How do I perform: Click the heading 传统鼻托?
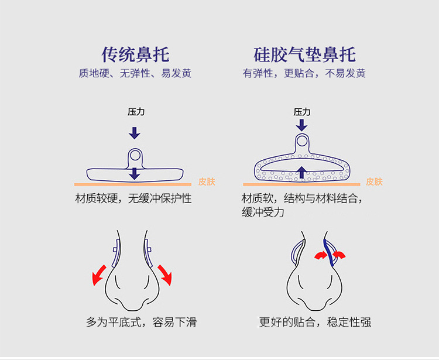pos(135,54)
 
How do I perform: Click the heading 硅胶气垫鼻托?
pos(304,54)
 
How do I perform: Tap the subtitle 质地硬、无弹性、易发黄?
pos(135,74)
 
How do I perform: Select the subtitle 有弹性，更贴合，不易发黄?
pos(304,74)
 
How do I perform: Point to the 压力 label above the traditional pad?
pos(136,112)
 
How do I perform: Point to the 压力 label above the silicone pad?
pos(302,112)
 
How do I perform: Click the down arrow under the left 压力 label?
pos(135,132)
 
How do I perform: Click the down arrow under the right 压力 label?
pos(302,125)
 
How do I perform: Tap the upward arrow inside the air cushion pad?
pos(302,172)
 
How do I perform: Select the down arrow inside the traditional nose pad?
pos(135,173)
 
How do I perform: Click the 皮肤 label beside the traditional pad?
pos(207,181)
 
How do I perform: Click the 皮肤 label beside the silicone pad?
pos(375,181)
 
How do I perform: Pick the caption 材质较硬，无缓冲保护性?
pos(133,199)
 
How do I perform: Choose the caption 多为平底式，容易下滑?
pos(140,322)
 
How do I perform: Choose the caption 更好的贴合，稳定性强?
pos(315,322)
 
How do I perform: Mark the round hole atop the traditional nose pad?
pos(135,155)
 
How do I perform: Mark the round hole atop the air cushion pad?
pos(302,140)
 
